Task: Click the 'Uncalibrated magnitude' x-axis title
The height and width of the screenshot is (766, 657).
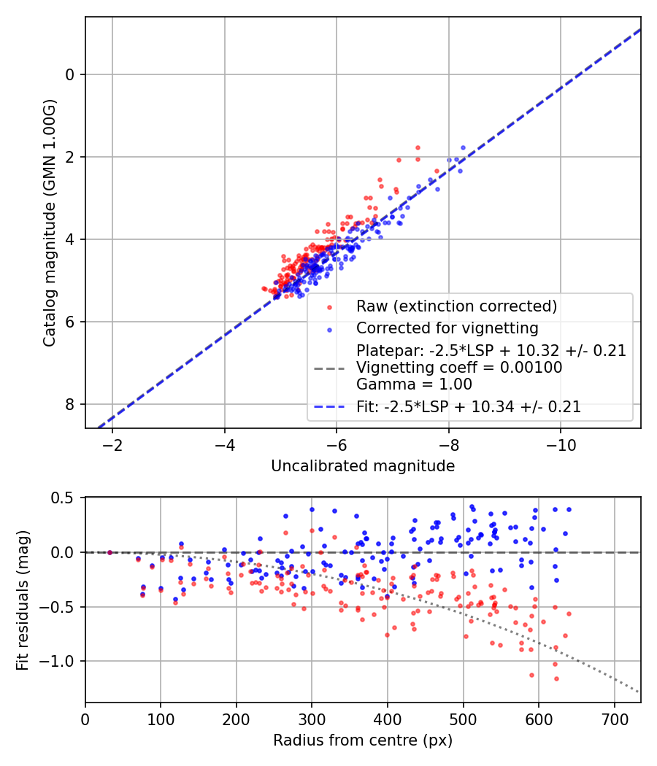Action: (x=363, y=466)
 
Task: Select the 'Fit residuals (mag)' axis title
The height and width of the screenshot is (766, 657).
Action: (x=23, y=599)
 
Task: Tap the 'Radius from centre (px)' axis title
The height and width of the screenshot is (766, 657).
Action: (x=363, y=740)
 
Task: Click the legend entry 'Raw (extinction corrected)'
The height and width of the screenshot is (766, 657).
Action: (x=456, y=306)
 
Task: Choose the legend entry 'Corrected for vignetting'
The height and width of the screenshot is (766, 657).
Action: (x=447, y=328)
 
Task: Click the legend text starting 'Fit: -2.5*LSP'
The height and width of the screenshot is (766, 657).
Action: (x=469, y=407)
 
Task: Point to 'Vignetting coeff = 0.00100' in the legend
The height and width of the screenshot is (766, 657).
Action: (x=459, y=368)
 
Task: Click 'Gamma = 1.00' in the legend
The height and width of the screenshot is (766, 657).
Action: (x=414, y=384)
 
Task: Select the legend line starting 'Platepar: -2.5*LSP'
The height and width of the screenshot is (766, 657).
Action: (x=491, y=351)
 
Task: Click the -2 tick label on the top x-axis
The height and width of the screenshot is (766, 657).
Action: (x=112, y=446)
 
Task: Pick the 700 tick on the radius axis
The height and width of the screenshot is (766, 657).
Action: (x=614, y=720)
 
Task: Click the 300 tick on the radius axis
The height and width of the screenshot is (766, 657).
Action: (x=312, y=720)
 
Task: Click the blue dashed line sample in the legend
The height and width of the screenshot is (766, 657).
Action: (x=331, y=407)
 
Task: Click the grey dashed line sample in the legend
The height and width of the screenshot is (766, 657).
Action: (x=331, y=368)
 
